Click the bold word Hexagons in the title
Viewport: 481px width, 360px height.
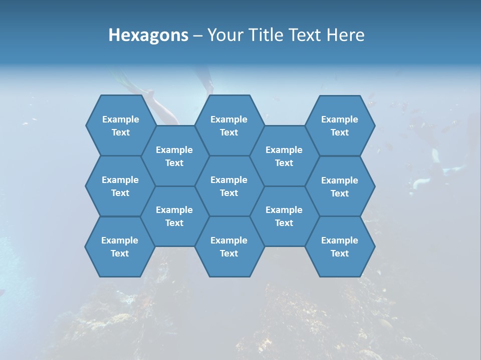pos(148,35)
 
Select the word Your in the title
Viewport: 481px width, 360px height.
pos(224,35)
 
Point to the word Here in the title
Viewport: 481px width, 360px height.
pos(345,35)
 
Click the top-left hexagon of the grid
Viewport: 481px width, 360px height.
pos(120,125)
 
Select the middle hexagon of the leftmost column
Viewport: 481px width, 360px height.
pos(120,186)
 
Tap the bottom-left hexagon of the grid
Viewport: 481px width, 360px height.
pos(120,246)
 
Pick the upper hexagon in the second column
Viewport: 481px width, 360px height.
pos(174,156)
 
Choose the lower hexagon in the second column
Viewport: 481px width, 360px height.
pos(174,216)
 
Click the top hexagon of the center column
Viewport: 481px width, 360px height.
pos(229,125)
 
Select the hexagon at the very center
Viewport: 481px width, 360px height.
pos(229,186)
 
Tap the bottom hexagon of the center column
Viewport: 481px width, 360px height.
pos(229,246)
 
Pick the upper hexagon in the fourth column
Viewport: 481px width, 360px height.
pos(284,156)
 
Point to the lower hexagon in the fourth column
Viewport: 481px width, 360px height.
pos(284,216)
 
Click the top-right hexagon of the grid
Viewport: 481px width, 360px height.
pos(340,125)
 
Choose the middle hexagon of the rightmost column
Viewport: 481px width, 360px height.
pos(340,186)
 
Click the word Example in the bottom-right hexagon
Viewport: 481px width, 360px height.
pos(340,240)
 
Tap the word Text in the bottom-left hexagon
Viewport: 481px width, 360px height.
pos(120,253)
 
